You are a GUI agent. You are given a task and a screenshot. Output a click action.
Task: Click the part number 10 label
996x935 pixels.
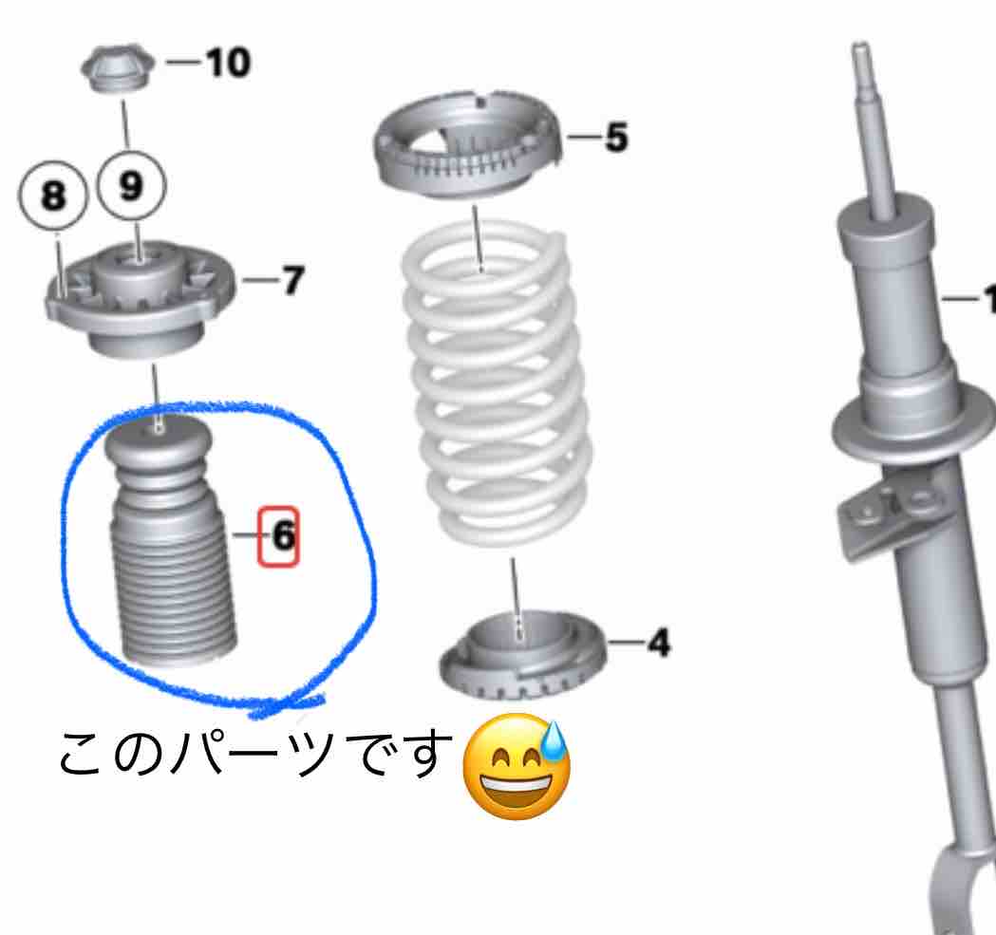[x=229, y=63]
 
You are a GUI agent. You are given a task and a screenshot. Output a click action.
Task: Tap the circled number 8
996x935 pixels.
[x=53, y=195]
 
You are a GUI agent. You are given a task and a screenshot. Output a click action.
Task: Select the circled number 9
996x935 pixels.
[x=131, y=186]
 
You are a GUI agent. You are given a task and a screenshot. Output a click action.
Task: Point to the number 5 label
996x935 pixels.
[x=615, y=138]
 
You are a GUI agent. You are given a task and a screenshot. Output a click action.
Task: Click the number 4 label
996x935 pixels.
[x=659, y=643]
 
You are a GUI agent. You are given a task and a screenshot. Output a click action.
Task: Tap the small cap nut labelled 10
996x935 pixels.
[x=118, y=67]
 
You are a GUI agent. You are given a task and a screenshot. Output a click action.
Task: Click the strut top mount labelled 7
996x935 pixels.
[x=140, y=299]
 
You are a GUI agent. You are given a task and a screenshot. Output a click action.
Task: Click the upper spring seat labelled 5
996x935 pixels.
[x=469, y=143]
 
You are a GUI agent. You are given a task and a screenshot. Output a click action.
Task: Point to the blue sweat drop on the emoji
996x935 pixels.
[x=554, y=740]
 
